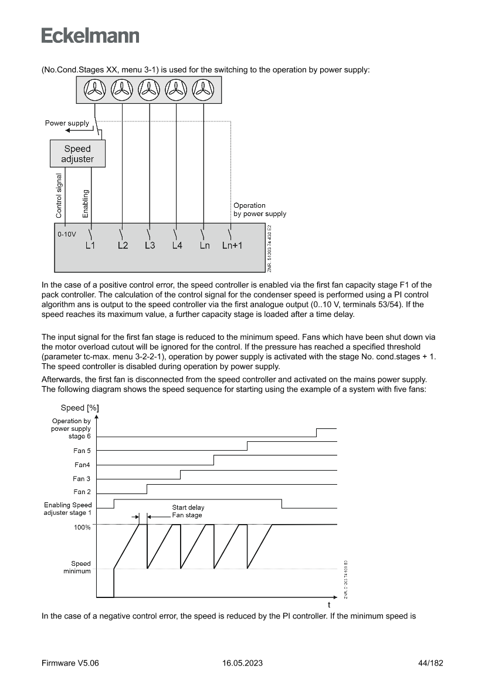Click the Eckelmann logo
coord(90,36)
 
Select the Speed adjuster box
coord(77,154)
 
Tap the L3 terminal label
coord(150,246)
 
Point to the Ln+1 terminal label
coord(232,246)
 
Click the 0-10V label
coord(67,234)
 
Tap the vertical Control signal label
coord(59,195)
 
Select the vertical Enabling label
coord(86,203)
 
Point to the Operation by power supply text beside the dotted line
coord(259,209)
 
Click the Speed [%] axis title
coord(79,408)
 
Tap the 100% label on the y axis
coord(82,528)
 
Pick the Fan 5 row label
coord(82,451)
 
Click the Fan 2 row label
coord(82,492)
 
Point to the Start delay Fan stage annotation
coord(188,511)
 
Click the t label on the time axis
coord(328,604)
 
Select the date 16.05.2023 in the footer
coord(242,663)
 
